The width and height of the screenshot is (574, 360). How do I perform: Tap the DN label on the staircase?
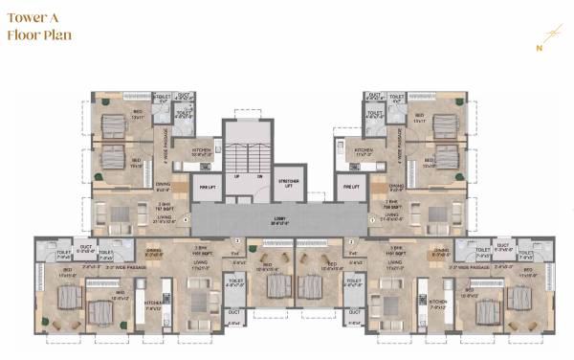pyautogui.click(x=258, y=177)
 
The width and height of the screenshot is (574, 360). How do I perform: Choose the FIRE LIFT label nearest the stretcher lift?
pyautogui.click(x=350, y=187)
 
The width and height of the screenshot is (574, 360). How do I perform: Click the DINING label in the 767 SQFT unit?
pyautogui.click(x=164, y=188)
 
